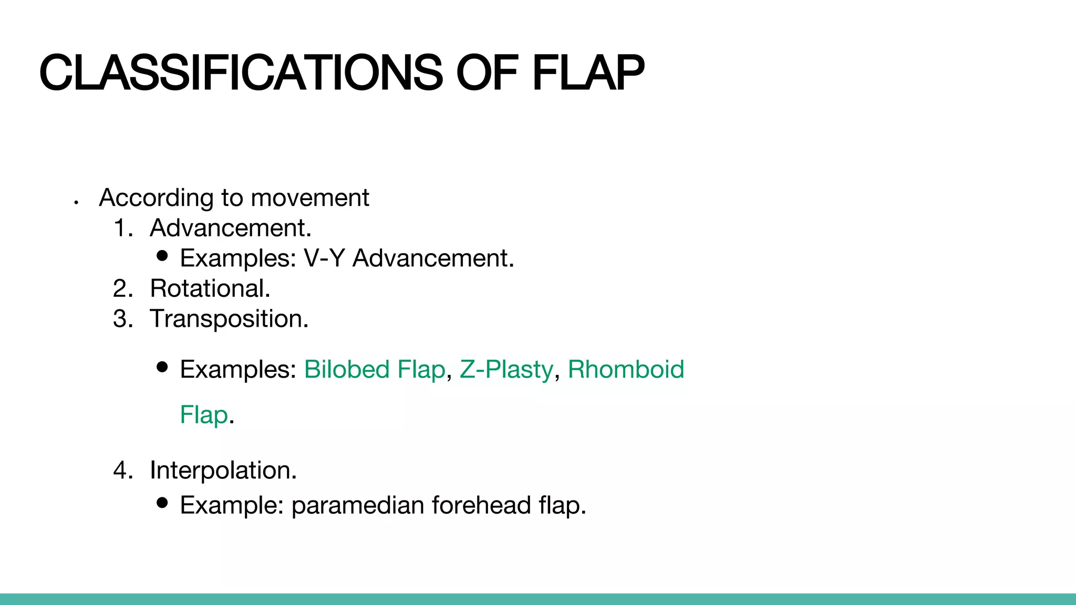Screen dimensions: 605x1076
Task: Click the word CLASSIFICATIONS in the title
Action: click(241, 72)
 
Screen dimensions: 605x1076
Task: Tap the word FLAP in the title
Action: click(588, 72)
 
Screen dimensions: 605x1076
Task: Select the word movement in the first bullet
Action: click(310, 198)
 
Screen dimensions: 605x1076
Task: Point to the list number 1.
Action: click(122, 228)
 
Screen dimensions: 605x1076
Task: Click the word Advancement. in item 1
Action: click(231, 228)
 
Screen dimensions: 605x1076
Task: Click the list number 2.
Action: click(122, 289)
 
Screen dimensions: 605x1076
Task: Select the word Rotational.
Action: click(210, 289)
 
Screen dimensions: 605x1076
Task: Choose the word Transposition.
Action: click(229, 319)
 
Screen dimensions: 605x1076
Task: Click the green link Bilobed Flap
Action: click(374, 369)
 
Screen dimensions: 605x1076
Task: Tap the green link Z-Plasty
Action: click(506, 369)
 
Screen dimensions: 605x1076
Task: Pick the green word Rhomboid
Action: click(626, 369)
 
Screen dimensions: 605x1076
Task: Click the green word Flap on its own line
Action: click(204, 415)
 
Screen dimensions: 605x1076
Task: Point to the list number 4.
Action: click(122, 470)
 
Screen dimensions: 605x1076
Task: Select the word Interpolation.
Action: click(223, 470)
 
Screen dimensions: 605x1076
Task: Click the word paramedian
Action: click(358, 505)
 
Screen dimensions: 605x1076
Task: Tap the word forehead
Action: click(481, 505)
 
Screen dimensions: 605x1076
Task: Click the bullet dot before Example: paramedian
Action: click(162, 503)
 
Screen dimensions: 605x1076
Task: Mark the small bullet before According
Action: click(77, 202)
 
